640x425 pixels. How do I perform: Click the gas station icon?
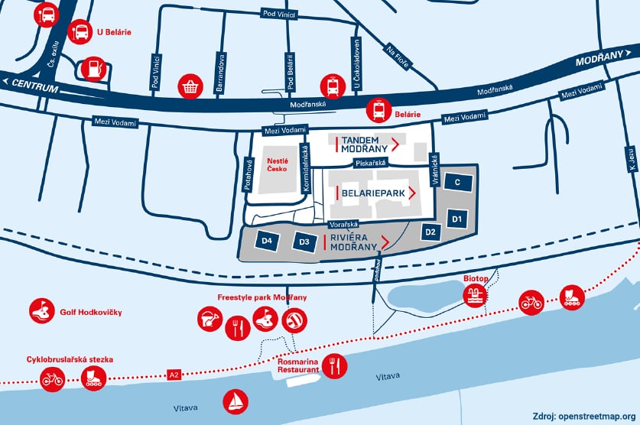pyautogui.click(x=93, y=69)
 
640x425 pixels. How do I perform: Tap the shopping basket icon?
pyautogui.click(x=190, y=87)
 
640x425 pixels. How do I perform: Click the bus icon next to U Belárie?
pyautogui.click(x=80, y=32)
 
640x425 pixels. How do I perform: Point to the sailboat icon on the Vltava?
pyautogui.click(x=236, y=401)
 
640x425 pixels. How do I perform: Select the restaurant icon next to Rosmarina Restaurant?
pyautogui.click(x=334, y=366)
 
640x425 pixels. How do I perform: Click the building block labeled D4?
pyautogui.click(x=268, y=242)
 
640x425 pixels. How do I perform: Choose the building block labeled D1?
pyautogui.click(x=457, y=219)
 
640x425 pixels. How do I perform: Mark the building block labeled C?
pyautogui.click(x=456, y=183)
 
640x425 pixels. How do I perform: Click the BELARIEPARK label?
pyautogui.click(x=372, y=193)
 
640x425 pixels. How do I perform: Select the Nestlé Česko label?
pyautogui.click(x=277, y=165)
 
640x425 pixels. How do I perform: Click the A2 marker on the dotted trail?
pyautogui.click(x=174, y=375)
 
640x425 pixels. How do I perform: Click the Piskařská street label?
pyautogui.click(x=370, y=164)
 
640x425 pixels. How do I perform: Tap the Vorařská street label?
pyautogui.click(x=343, y=225)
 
